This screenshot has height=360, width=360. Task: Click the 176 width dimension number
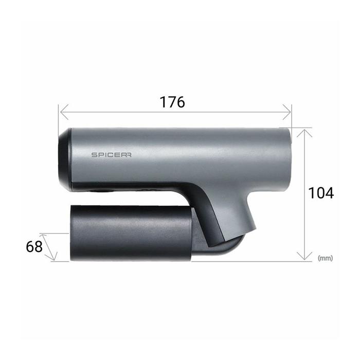coord(172,102)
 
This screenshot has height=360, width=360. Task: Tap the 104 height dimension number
coord(321,193)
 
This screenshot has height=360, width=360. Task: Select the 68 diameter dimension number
coord(34,246)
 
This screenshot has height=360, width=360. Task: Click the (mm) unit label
coord(325,258)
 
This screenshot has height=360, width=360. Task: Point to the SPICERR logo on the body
coord(112,155)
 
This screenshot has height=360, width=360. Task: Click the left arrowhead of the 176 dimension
coord(64,112)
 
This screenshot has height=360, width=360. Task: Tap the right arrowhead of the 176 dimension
coord(287,112)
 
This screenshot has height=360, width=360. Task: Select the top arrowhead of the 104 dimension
coord(304,133)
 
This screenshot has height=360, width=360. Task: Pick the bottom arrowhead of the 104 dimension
coord(304,256)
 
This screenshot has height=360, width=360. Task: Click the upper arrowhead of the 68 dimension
coord(44,237)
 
